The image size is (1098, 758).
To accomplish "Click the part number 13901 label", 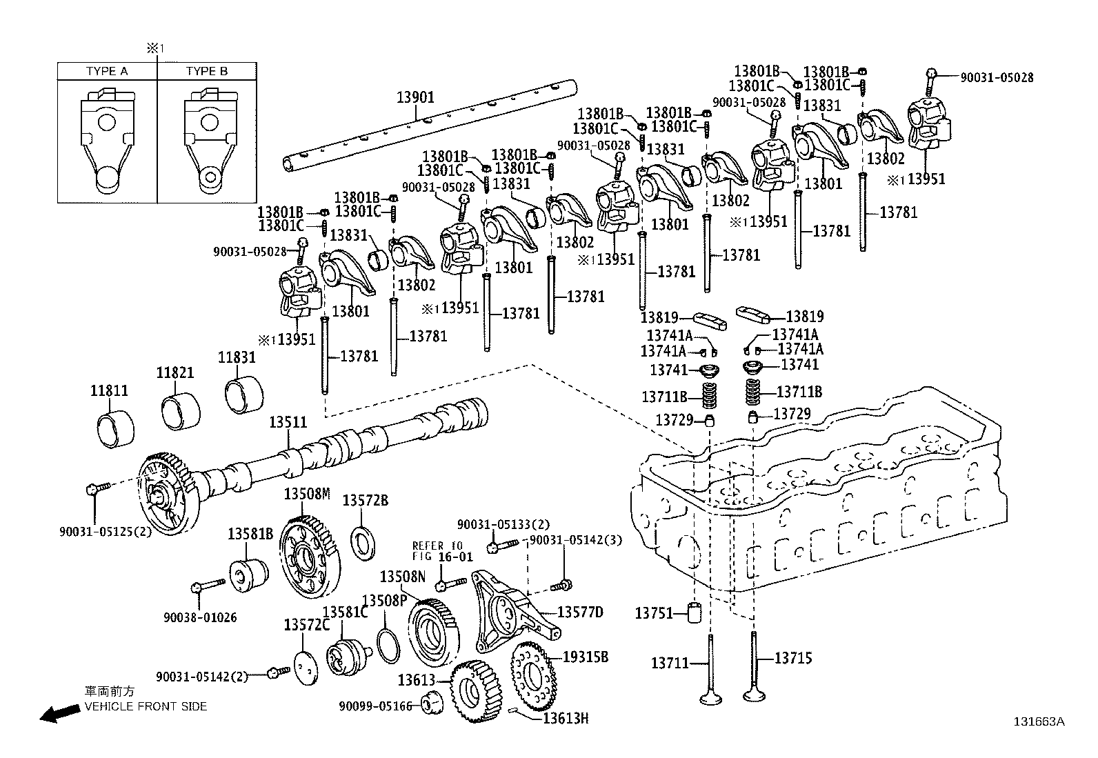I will pos(415,97).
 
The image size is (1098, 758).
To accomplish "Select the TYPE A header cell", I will pos(107,71).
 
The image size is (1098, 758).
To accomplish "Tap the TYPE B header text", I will pos(207,71).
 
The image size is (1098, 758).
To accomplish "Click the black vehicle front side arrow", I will pos(59,714).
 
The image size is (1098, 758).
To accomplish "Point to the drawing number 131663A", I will pos(1039,721).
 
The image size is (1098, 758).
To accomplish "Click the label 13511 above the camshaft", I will pos(288,422).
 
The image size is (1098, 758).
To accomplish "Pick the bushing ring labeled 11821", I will pos(180,411).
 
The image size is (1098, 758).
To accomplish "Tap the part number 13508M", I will pos(307,494).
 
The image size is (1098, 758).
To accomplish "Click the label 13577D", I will pos(580,612).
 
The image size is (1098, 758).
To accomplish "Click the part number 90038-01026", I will pos(200,617).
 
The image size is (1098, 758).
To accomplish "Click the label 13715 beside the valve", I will pos(793,658).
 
